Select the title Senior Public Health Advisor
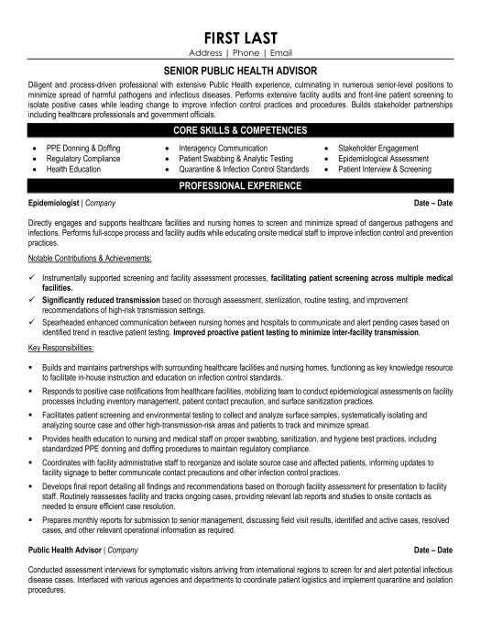pyautogui.click(x=240, y=67)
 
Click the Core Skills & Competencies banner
pyautogui.click(x=240, y=133)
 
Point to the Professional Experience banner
pyautogui.click(x=240, y=184)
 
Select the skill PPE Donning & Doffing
pyautogui.click(x=82, y=147)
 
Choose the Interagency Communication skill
pyautogui.click(x=224, y=147)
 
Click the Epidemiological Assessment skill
pyautogui.click(x=384, y=158)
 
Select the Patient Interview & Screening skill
pyautogui.click(x=388, y=168)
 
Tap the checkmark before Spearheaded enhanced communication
pyautogui.click(x=31, y=322)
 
